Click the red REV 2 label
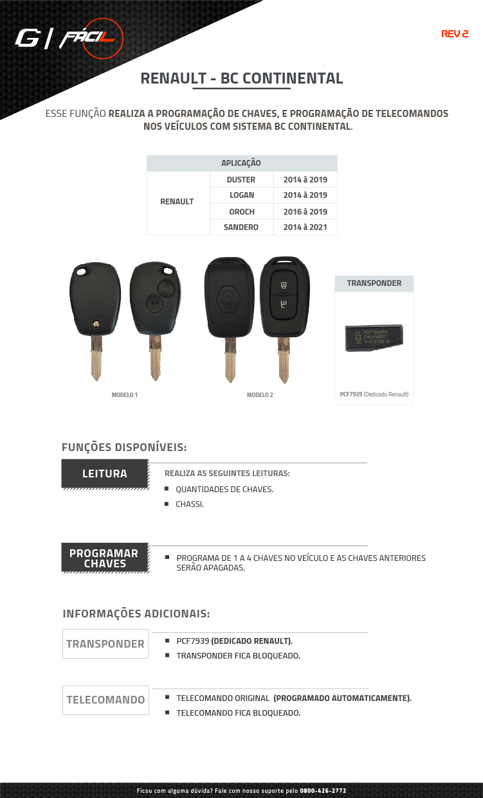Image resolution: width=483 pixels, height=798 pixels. coord(454,34)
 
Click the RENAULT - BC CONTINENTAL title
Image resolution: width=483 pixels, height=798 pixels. coord(241,78)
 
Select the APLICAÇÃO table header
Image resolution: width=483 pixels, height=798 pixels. coord(241,163)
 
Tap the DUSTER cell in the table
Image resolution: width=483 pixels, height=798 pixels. coord(241,180)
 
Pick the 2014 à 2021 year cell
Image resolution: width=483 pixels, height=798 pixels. coord(305,227)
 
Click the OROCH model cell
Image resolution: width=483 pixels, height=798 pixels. coord(241,211)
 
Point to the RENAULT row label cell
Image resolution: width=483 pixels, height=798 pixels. coord(177,202)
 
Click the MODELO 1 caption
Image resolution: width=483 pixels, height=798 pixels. coord(124,395)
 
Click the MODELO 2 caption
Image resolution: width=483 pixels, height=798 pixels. coord(260,395)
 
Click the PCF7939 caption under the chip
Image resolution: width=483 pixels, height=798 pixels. coord(374,394)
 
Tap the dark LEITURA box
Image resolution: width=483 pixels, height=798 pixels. coord(104,474)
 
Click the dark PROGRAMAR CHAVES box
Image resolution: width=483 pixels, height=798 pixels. coord(104,558)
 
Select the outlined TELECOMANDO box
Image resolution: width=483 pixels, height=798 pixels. coord(105,700)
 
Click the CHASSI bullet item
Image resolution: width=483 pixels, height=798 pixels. coord(189,504)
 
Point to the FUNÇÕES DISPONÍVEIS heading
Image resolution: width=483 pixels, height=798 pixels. coord(124,447)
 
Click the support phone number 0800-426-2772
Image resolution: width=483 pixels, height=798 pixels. coord(323,790)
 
